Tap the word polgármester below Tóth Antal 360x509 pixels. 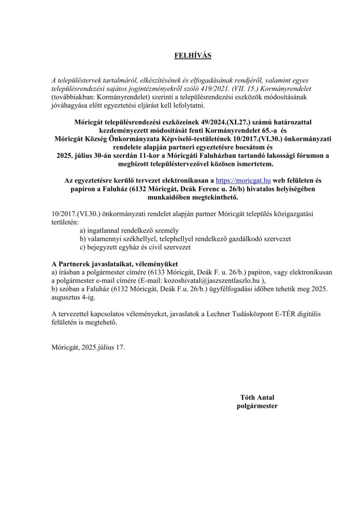(257, 405)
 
